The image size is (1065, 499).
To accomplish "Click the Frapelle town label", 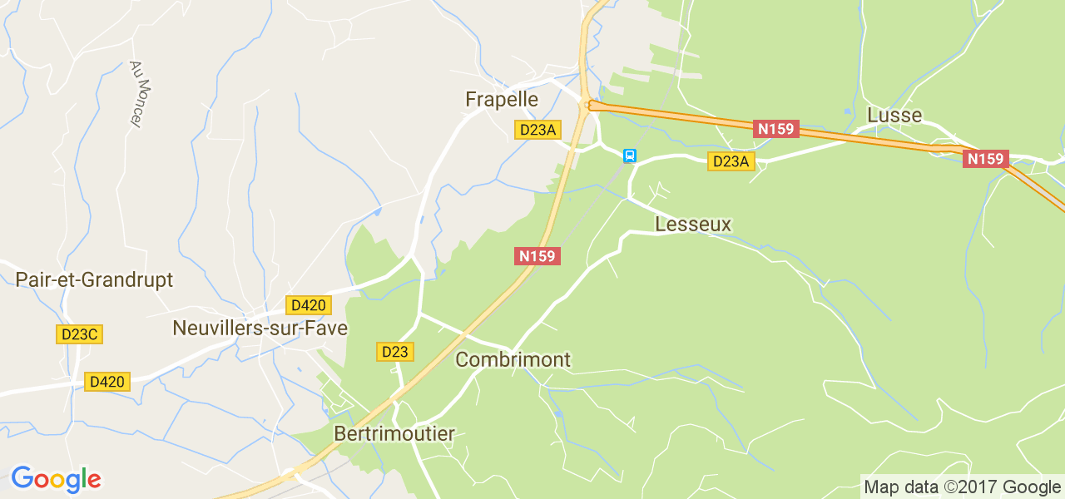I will (501, 100).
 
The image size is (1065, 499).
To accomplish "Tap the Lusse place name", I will (894, 116).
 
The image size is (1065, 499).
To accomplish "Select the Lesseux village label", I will (693, 225).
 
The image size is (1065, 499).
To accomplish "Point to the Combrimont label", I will (513, 360).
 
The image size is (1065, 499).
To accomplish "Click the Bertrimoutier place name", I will (394, 434).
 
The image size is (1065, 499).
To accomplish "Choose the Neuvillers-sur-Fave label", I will (260, 329).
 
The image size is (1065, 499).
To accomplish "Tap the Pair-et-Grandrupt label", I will (94, 279).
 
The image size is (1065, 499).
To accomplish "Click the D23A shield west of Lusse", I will (731, 161).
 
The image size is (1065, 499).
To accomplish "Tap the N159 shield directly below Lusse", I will (985, 158).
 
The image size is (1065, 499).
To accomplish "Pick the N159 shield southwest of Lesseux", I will (537, 256).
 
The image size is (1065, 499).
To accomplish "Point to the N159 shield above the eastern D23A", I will (776, 129).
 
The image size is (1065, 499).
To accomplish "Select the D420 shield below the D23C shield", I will (106, 382).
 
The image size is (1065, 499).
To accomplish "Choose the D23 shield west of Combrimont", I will (394, 352).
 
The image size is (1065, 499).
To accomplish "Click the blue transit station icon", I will (630, 156).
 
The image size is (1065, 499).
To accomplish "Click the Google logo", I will (56, 480).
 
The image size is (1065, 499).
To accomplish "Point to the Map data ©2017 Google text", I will (962, 487).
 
